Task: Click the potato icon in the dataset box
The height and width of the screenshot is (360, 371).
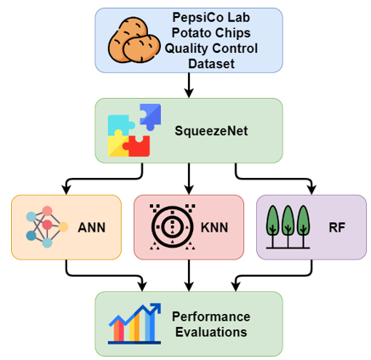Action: (134, 40)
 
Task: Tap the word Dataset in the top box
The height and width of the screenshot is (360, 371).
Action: (211, 64)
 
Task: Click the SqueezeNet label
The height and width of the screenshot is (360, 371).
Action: (211, 131)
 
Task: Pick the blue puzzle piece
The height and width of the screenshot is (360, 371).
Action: (151, 117)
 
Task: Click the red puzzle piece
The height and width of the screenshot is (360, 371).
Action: (137, 146)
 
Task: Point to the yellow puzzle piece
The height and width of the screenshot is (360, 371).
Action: (118, 144)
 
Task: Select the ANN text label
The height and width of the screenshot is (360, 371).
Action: (92, 227)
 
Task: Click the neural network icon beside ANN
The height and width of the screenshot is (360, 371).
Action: (47, 227)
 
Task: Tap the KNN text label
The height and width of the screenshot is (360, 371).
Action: (214, 227)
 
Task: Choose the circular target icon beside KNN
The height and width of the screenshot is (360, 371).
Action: (173, 227)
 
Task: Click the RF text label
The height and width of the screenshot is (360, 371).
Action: (337, 227)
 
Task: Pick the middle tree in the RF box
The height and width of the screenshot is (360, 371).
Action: (288, 226)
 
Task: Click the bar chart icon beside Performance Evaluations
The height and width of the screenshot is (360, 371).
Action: (134, 323)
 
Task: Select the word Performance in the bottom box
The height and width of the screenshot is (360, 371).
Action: (211, 317)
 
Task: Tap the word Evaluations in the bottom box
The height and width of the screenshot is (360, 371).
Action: (211, 332)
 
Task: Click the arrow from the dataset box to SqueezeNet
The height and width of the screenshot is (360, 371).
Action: (189, 85)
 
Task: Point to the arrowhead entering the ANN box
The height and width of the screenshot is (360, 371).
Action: (66, 190)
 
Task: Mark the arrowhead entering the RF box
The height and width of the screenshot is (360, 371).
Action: (312, 190)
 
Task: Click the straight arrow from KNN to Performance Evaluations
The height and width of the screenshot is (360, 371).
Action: (189, 276)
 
